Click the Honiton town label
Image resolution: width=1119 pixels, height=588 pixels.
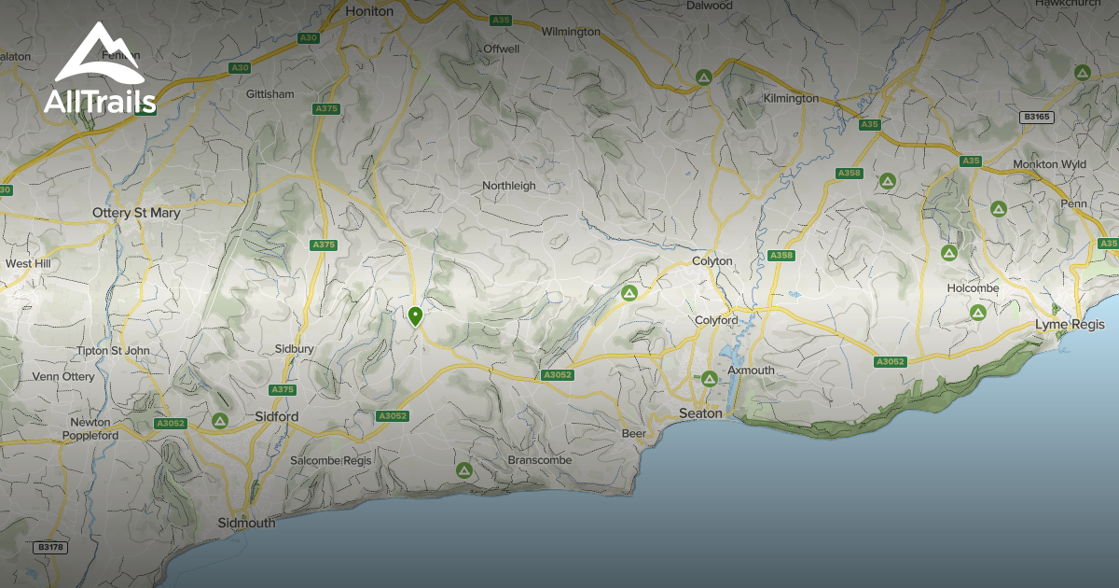pyautogui.click(x=369, y=11)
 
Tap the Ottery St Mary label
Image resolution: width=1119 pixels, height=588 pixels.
pyautogui.click(x=136, y=213)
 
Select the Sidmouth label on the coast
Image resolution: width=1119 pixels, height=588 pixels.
pyautogui.click(x=246, y=523)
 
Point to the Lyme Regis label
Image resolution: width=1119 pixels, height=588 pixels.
pyautogui.click(x=1070, y=324)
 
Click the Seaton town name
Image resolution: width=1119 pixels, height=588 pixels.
pyautogui.click(x=700, y=413)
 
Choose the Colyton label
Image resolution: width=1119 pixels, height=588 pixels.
pyautogui.click(x=712, y=261)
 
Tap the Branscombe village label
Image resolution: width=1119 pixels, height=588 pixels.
pyautogui.click(x=539, y=460)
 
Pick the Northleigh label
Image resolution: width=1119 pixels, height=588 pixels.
pyautogui.click(x=509, y=186)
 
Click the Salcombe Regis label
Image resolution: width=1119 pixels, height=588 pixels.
pyautogui.click(x=330, y=460)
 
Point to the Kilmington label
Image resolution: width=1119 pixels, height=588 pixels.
pyautogui.click(x=791, y=98)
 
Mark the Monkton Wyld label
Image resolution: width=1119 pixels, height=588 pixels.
pyautogui.click(x=1049, y=164)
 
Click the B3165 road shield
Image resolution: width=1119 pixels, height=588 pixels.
pyautogui.click(x=1035, y=117)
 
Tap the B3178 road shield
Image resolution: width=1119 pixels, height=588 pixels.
pyautogui.click(x=50, y=547)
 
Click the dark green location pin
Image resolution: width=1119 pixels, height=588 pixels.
pyautogui.click(x=415, y=315)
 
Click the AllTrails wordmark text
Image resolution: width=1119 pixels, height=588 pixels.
pyautogui.click(x=100, y=101)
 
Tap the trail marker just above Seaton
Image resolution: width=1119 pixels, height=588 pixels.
pyautogui.click(x=709, y=378)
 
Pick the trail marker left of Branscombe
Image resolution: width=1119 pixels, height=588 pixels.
pyautogui.click(x=463, y=469)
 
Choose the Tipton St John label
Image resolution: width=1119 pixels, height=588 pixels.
pyautogui.click(x=113, y=350)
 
